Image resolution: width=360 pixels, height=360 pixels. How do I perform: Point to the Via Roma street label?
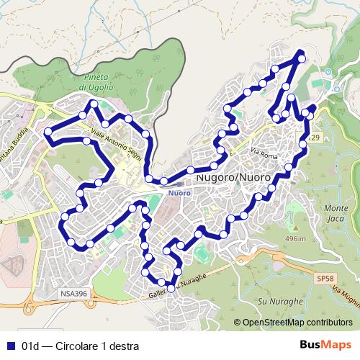(264, 152)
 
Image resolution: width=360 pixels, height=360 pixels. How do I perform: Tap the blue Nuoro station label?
(178, 193)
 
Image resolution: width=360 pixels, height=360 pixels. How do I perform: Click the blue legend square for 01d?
(10, 345)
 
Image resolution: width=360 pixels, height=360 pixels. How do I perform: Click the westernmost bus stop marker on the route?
(48, 132)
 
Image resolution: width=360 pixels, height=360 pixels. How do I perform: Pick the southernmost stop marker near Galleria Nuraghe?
(171, 289)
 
